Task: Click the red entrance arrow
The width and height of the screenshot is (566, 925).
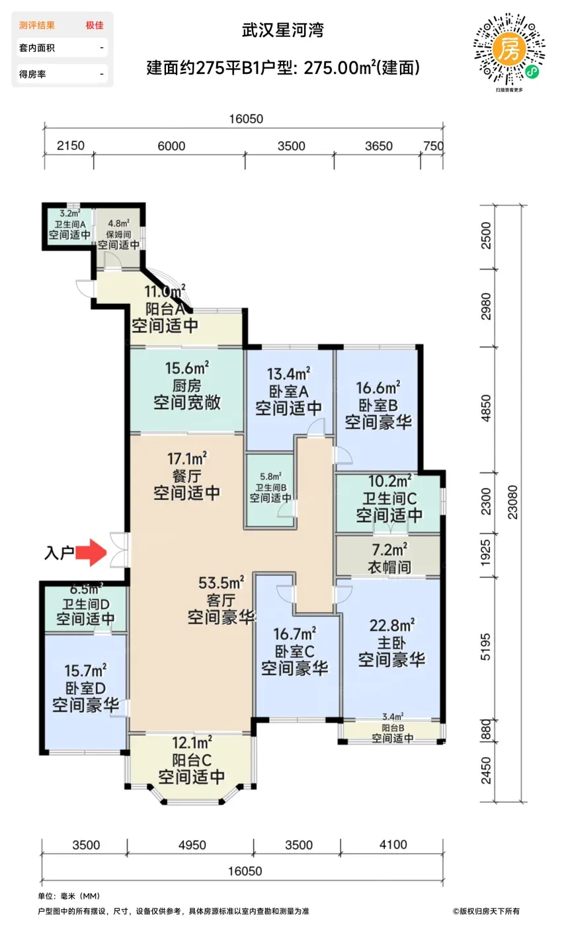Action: [x=91, y=552]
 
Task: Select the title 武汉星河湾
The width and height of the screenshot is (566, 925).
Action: [x=282, y=30]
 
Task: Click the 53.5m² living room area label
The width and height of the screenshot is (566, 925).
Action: [x=221, y=583]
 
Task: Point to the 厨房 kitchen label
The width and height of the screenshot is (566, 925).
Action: [x=186, y=386]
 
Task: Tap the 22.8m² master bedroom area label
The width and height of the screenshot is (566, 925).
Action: [x=392, y=626]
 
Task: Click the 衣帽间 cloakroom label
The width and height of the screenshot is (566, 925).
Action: [x=389, y=567]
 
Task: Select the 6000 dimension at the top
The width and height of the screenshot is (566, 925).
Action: [x=171, y=146]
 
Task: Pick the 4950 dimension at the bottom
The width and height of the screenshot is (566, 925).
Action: [x=192, y=845]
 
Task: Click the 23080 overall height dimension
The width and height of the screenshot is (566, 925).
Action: [x=512, y=502]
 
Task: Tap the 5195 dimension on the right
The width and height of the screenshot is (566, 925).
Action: [x=486, y=647]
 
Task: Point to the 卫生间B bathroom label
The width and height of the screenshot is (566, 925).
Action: [x=271, y=488]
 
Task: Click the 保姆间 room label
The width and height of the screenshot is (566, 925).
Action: [x=118, y=234]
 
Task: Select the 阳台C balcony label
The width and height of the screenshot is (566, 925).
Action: [x=192, y=760]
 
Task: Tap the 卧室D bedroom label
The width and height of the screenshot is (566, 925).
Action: [x=85, y=688]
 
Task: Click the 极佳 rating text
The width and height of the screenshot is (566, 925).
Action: [x=95, y=25]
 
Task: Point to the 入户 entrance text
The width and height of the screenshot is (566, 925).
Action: [x=59, y=552]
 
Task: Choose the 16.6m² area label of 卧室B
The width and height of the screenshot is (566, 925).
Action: [x=378, y=388]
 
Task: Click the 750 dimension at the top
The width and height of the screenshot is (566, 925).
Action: [x=433, y=146]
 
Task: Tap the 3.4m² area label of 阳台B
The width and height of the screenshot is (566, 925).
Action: [x=393, y=716]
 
